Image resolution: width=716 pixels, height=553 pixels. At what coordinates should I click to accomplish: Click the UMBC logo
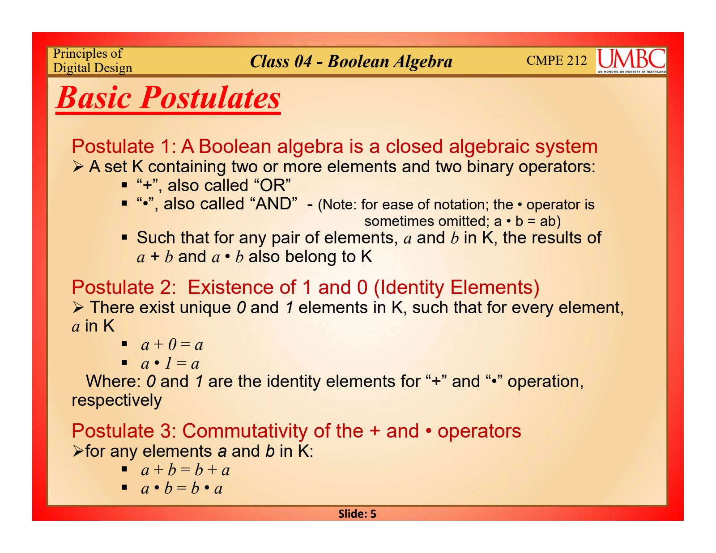tap(631, 61)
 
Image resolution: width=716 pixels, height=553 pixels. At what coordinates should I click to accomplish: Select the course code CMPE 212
tap(557, 60)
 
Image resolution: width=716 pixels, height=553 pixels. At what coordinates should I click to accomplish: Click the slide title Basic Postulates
tap(168, 98)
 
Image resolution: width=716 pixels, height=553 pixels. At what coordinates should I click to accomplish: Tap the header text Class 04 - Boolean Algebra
tap(351, 62)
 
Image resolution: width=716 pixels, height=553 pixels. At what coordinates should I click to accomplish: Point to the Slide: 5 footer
tap(357, 514)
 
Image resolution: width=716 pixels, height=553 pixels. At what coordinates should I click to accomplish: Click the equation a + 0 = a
tap(172, 345)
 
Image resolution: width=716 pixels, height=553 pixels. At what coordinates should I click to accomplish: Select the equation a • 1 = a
tap(170, 364)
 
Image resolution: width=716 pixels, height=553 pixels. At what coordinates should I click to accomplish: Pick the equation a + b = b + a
tap(185, 470)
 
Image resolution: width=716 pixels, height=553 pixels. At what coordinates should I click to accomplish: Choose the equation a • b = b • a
tap(182, 488)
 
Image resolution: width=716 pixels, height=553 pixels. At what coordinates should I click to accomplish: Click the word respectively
tap(117, 400)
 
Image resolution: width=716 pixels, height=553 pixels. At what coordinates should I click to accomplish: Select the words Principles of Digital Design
tap(93, 60)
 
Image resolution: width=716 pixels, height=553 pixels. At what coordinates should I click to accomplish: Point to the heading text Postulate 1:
tap(124, 146)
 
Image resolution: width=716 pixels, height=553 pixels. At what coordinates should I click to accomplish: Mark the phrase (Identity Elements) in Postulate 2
tap(457, 287)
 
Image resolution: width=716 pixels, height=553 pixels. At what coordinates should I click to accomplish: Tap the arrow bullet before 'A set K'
tap(78, 167)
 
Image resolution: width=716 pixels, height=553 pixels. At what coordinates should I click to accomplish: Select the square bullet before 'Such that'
tap(124, 237)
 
